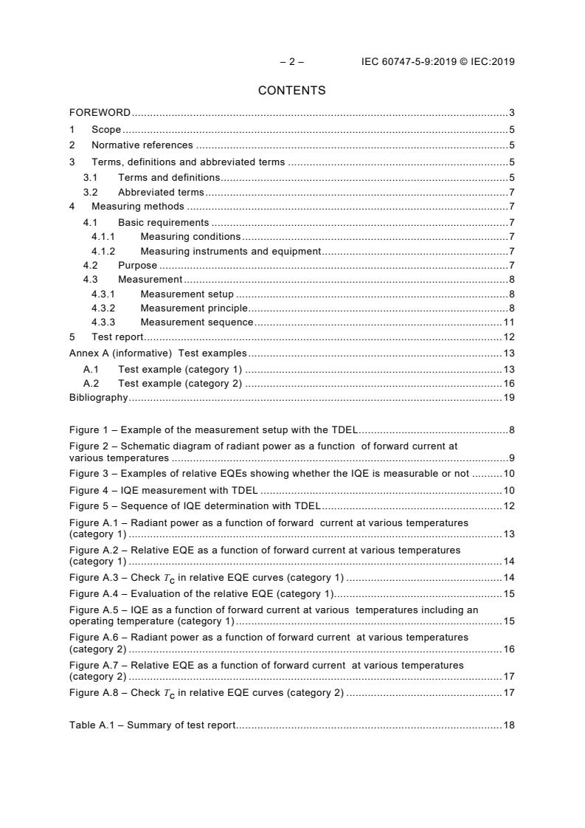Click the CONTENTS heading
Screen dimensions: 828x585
[x=291, y=91]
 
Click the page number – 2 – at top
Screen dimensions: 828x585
[x=291, y=62]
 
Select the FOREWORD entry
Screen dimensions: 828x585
[x=100, y=113]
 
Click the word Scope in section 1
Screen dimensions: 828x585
[x=106, y=130]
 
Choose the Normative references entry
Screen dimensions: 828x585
[x=142, y=145]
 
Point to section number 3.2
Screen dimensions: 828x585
[x=90, y=193]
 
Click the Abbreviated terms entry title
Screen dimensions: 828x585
[x=161, y=193]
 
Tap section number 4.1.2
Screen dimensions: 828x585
[x=103, y=251]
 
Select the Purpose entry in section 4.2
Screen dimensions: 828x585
[x=137, y=266]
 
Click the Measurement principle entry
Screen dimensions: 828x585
[x=194, y=308]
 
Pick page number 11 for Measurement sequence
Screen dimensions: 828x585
[x=508, y=322]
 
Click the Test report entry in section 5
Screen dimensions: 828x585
[x=117, y=337]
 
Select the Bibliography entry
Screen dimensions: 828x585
[x=98, y=398]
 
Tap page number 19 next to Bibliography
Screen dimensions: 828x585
[x=508, y=398]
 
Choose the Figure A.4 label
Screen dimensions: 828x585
[x=95, y=593]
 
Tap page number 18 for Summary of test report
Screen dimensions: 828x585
[x=508, y=725]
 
